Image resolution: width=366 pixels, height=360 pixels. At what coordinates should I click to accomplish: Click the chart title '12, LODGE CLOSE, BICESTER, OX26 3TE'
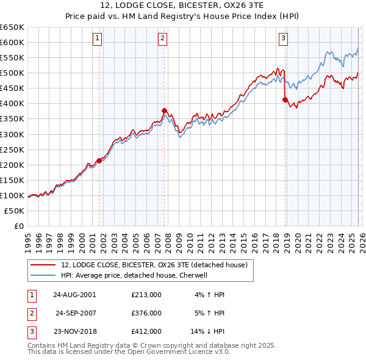pos(183,7)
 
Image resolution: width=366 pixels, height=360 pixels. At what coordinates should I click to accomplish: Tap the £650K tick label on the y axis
pos(12,27)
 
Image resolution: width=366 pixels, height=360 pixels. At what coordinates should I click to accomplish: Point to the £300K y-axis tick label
pos(12,134)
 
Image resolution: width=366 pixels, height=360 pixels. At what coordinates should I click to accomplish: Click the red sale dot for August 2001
pos(99,160)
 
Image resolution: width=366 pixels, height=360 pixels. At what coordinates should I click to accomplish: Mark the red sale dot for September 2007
pos(164,110)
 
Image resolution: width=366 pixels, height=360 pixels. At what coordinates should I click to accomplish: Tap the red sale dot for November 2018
pos(285,99)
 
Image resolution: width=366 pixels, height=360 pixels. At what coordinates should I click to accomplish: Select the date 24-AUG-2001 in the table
pos(74,295)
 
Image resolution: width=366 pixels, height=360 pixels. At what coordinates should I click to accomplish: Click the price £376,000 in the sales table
pos(146,313)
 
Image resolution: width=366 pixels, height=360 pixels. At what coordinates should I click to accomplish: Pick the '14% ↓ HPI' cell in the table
pos(207,332)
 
